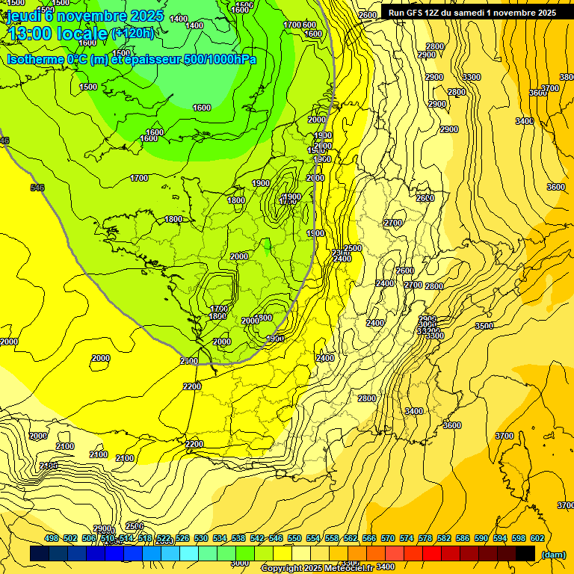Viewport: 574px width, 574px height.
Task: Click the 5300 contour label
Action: tap(471, 77)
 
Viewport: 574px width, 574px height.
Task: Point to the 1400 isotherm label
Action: tap(194, 25)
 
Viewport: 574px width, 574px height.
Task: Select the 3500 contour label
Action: tap(484, 326)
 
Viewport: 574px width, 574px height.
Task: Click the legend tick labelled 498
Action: tap(52, 538)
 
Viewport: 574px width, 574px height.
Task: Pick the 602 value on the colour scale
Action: tap(537, 538)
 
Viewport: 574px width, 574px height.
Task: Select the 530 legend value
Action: tap(201, 538)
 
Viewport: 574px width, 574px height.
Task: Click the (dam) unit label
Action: tap(552, 554)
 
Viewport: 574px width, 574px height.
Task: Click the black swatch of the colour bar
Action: tap(525, 553)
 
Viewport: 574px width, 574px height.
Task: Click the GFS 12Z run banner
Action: tap(472, 13)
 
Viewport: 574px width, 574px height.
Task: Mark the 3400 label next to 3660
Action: tap(524, 121)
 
